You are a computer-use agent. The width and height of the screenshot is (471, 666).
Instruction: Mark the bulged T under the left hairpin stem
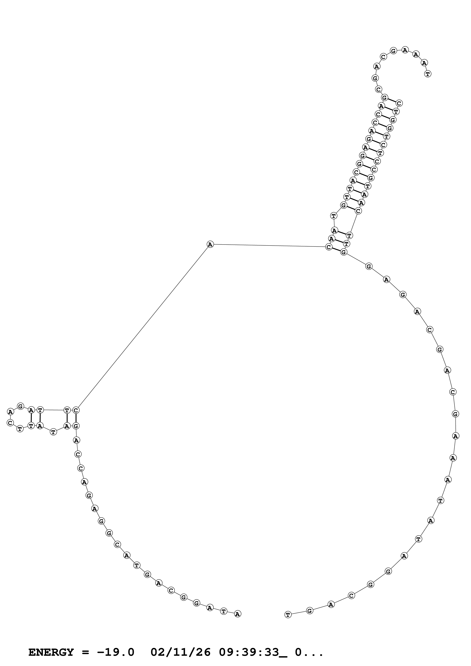click(53, 432)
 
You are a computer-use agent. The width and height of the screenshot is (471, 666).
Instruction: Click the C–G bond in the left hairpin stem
click(76, 418)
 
